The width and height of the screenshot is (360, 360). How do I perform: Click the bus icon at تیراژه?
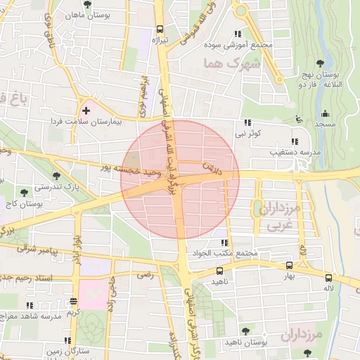[x=160, y=30]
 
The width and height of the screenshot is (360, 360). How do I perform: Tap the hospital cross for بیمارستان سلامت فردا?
[x=86, y=111]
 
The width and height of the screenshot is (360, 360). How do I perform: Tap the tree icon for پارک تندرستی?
[x=56, y=176]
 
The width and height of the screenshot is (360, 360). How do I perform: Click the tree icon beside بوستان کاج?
[x=25, y=190]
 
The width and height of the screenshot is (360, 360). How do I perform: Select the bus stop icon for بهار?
[x=289, y=265]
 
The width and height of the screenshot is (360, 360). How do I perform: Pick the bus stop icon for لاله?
[x=329, y=277]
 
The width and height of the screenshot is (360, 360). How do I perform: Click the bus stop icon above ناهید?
[x=220, y=270]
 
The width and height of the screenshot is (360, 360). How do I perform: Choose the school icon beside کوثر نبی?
[x=248, y=122]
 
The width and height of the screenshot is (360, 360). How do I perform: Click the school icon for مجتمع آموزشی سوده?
[x=238, y=34]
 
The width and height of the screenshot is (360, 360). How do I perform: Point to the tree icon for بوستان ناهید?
[x=245, y=330]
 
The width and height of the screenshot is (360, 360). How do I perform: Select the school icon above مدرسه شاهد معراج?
[x=29, y=305]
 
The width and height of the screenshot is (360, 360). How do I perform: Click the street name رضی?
[x=145, y=276]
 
